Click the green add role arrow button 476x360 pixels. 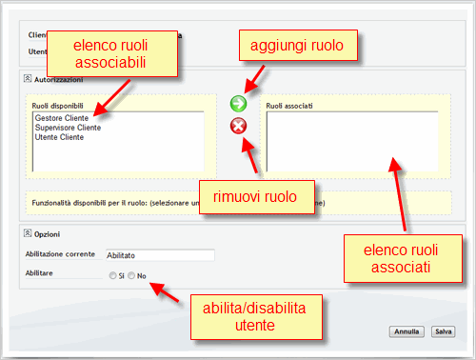tap(239, 103)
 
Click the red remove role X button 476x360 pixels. tap(239, 127)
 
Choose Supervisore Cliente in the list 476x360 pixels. tap(68, 128)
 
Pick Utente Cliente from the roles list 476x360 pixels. tap(59, 137)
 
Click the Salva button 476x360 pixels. tap(443, 331)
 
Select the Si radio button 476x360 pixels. tap(113, 276)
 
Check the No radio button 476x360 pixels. tap(131, 276)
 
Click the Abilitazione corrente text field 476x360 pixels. tap(159, 255)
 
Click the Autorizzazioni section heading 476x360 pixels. tap(57, 80)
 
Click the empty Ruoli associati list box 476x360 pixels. tap(352, 141)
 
